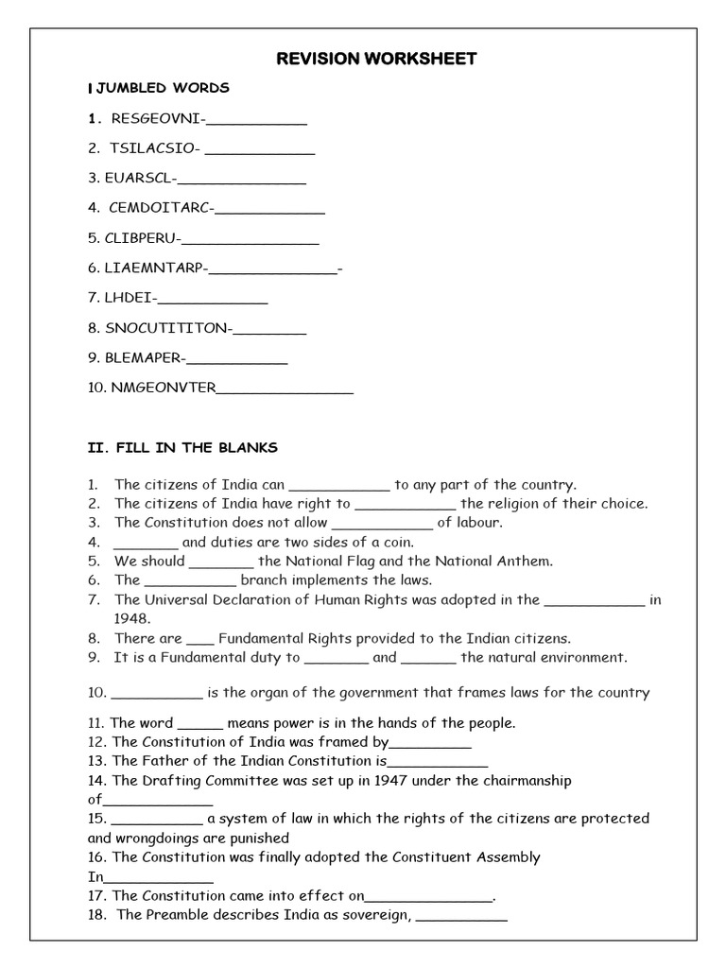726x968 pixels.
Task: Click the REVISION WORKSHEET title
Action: click(x=376, y=60)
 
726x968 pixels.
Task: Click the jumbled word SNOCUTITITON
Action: click(x=167, y=328)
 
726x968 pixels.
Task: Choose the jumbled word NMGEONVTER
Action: click(x=164, y=388)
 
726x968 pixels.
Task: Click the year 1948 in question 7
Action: click(x=131, y=618)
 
